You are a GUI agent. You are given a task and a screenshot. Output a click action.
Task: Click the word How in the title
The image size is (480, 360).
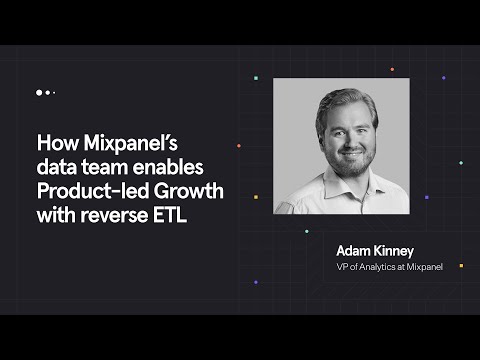54,141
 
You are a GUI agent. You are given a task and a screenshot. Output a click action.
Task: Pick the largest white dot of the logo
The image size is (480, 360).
40,93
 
